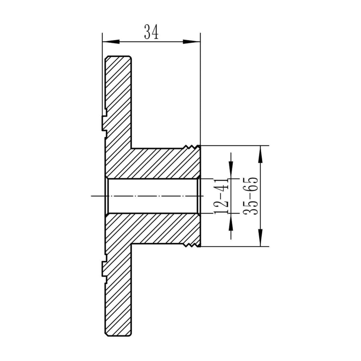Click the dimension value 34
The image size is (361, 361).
coord(151,32)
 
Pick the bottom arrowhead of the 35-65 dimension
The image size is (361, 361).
coord(260,238)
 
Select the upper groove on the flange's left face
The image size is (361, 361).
coord(104,123)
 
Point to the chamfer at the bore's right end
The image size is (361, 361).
coord(198,196)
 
